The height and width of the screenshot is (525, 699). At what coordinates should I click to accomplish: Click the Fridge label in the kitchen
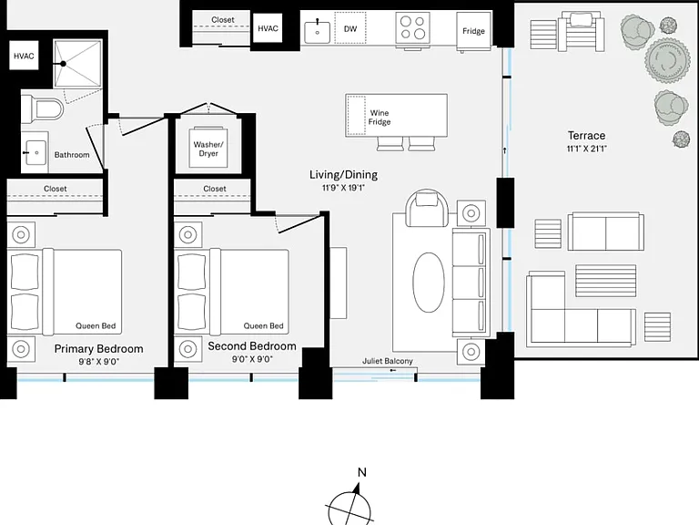pyautogui.click(x=473, y=31)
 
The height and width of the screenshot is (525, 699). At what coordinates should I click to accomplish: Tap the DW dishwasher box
pyautogui.click(x=350, y=28)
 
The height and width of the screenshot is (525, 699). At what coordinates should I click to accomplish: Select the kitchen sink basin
pyautogui.click(x=318, y=32)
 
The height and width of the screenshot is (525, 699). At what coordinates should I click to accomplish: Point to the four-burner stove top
pyautogui.click(x=413, y=27)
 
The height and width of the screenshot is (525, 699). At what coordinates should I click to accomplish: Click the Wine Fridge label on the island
pyautogui.click(x=380, y=118)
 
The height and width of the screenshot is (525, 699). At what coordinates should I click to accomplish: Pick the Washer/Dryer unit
pyautogui.click(x=208, y=149)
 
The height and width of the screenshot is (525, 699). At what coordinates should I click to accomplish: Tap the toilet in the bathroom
pyautogui.click(x=44, y=109)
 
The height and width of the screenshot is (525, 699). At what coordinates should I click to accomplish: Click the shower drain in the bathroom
pyautogui.click(x=64, y=64)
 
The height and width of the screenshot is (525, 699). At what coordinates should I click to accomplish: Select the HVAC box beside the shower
pyautogui.click(x=24, y=56)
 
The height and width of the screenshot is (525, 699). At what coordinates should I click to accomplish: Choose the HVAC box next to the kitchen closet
pyautogui.click(x=268, y=28)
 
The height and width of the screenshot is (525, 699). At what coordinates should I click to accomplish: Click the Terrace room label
pyautogui.click(x=587, y=135)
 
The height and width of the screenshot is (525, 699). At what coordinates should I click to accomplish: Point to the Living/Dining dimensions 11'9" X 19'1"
pyautogui.click(x=343, y=188)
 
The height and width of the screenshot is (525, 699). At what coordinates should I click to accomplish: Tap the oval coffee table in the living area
pyautogui.click(x=429, y=283)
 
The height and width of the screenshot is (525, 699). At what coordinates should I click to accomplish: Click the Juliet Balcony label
pyautogui.click(x=388, y=361)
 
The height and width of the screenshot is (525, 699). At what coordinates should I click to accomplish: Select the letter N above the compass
pyautogui.click(x=362, y=472)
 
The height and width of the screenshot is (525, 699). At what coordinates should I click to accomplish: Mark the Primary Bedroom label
pyautogui.click(x=98, y=349)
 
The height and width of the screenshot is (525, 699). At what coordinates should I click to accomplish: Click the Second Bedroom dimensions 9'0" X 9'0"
pyautogui.click(x=252, y=359)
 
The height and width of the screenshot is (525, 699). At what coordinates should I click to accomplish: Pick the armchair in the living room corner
pyautogui.click(x=427, y=208)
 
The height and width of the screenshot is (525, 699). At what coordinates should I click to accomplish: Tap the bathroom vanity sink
pyautogui.click(x=35, y=153)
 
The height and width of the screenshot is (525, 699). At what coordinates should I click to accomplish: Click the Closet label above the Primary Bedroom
pyautogui.click(x=56, y=189)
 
